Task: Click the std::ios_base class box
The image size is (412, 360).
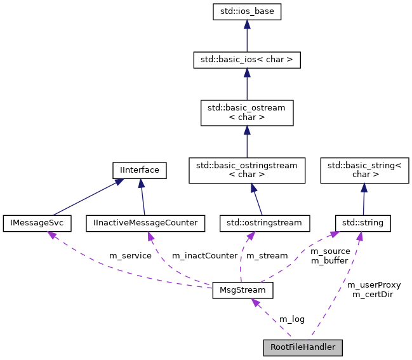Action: (246, 11)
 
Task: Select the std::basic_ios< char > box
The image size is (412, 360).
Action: (246, 60)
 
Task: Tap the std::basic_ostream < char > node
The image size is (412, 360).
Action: (246, 112)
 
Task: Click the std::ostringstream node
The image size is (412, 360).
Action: (265, 223)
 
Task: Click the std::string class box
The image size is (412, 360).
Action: (362, 223)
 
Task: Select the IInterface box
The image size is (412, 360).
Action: (139, 170)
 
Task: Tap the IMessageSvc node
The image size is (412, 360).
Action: (37, 223)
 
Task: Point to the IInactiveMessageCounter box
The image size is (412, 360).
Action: (145, 223)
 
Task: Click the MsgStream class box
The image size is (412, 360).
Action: (243, 291)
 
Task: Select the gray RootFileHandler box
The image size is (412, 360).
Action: (303, 347)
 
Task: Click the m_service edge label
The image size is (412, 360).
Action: (130, 256)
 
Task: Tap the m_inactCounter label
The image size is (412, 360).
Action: (204, 256)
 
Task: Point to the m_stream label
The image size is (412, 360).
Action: (267, 256)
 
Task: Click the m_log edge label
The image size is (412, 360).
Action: (292, 318)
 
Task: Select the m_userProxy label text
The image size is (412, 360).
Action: (374, 284)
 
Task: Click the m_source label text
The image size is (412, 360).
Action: (329, 251)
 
